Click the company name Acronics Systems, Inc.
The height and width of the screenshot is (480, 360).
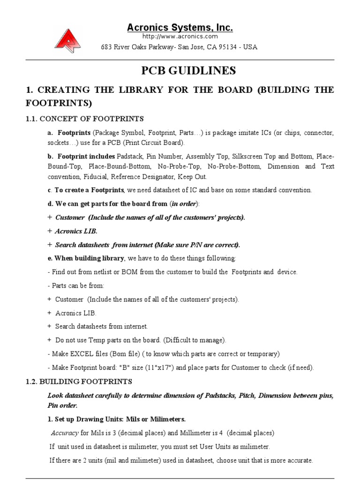pos(180,28)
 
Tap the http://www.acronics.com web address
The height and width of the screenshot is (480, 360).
pos(180,37)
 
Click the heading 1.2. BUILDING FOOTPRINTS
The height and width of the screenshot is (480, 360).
pos(79,382)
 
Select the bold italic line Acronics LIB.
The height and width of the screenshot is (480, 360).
pos(76,231)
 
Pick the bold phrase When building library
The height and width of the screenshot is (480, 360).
pos(90,258)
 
